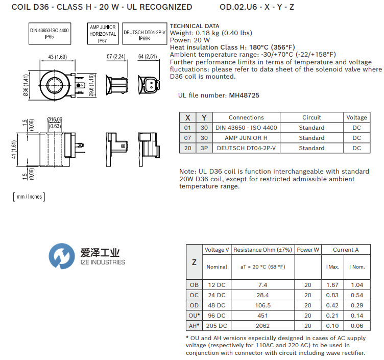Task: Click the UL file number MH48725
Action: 245,95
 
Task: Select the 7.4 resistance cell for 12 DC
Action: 263,284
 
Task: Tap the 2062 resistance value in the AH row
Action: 263,325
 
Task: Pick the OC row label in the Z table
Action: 194,295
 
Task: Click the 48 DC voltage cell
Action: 217,305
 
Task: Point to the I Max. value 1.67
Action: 332,284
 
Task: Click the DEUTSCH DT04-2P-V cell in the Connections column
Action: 246,148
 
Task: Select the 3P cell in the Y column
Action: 204,148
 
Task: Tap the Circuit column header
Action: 311,117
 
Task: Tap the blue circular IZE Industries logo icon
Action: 62,256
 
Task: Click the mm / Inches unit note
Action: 29,197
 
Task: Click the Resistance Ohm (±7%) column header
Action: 263,250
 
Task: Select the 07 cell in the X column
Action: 187,138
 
